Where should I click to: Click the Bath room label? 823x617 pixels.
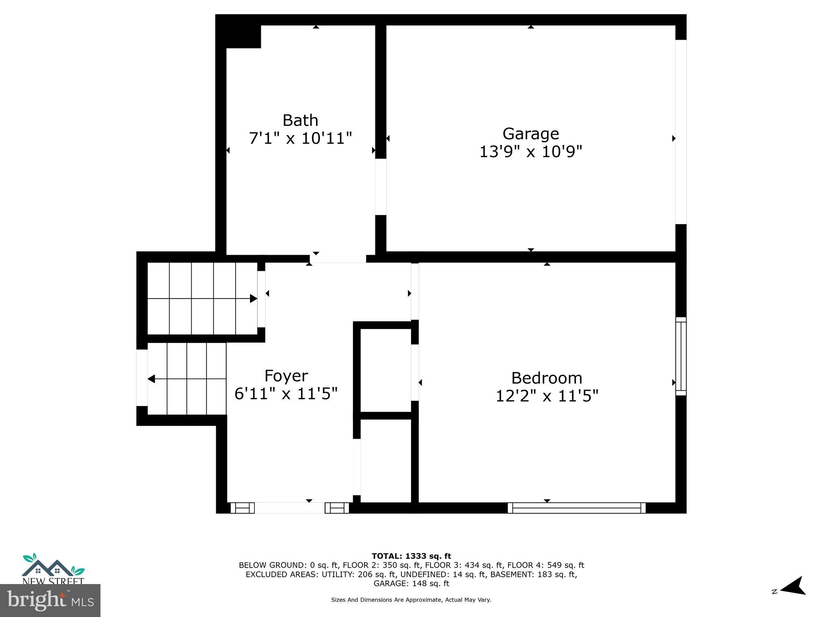[300, 121]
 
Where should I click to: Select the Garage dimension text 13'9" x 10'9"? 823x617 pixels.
[530, 152]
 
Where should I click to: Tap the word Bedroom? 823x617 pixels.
[547, 378]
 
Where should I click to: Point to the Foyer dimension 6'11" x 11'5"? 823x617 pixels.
[286, 394]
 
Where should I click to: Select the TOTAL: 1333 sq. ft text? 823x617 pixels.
[411, 556]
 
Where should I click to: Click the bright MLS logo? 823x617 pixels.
[50, 600]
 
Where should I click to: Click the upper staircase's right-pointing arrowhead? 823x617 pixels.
[253, 298]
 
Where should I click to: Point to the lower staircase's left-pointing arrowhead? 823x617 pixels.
[151, 379]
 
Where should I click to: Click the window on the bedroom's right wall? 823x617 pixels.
[681, 356]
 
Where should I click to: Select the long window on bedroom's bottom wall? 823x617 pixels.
[576, 508]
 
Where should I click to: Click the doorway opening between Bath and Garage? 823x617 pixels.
[381, 187]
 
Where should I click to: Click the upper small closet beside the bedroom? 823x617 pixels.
[385, 370]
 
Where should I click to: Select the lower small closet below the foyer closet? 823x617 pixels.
[385, 460]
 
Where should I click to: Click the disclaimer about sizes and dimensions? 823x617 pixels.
[411, 600]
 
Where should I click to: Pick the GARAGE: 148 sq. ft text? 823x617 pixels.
[411, 583]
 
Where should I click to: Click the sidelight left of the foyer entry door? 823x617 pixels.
[242, 508]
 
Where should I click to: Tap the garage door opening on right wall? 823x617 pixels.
[681, 132]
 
